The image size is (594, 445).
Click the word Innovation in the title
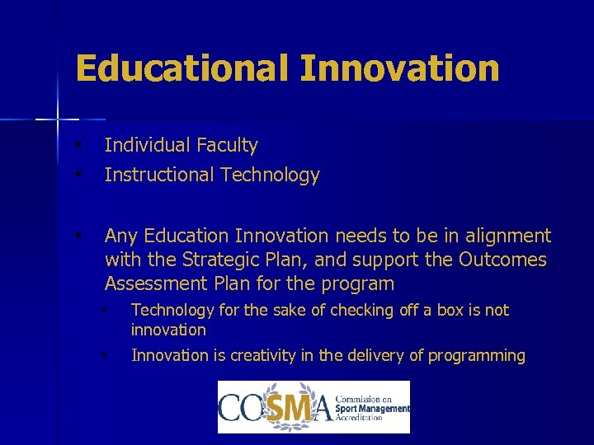point(399,68)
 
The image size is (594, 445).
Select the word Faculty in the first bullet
point(227,146)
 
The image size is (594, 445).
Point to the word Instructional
point(158,175)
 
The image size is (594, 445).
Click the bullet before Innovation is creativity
point(105,355)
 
